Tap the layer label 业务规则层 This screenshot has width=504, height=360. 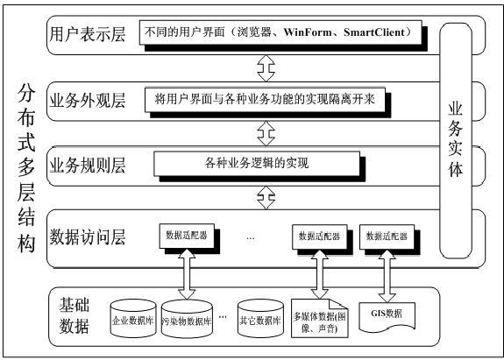coord(89,163)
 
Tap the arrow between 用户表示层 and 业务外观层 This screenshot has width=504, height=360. coord(260,67)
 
